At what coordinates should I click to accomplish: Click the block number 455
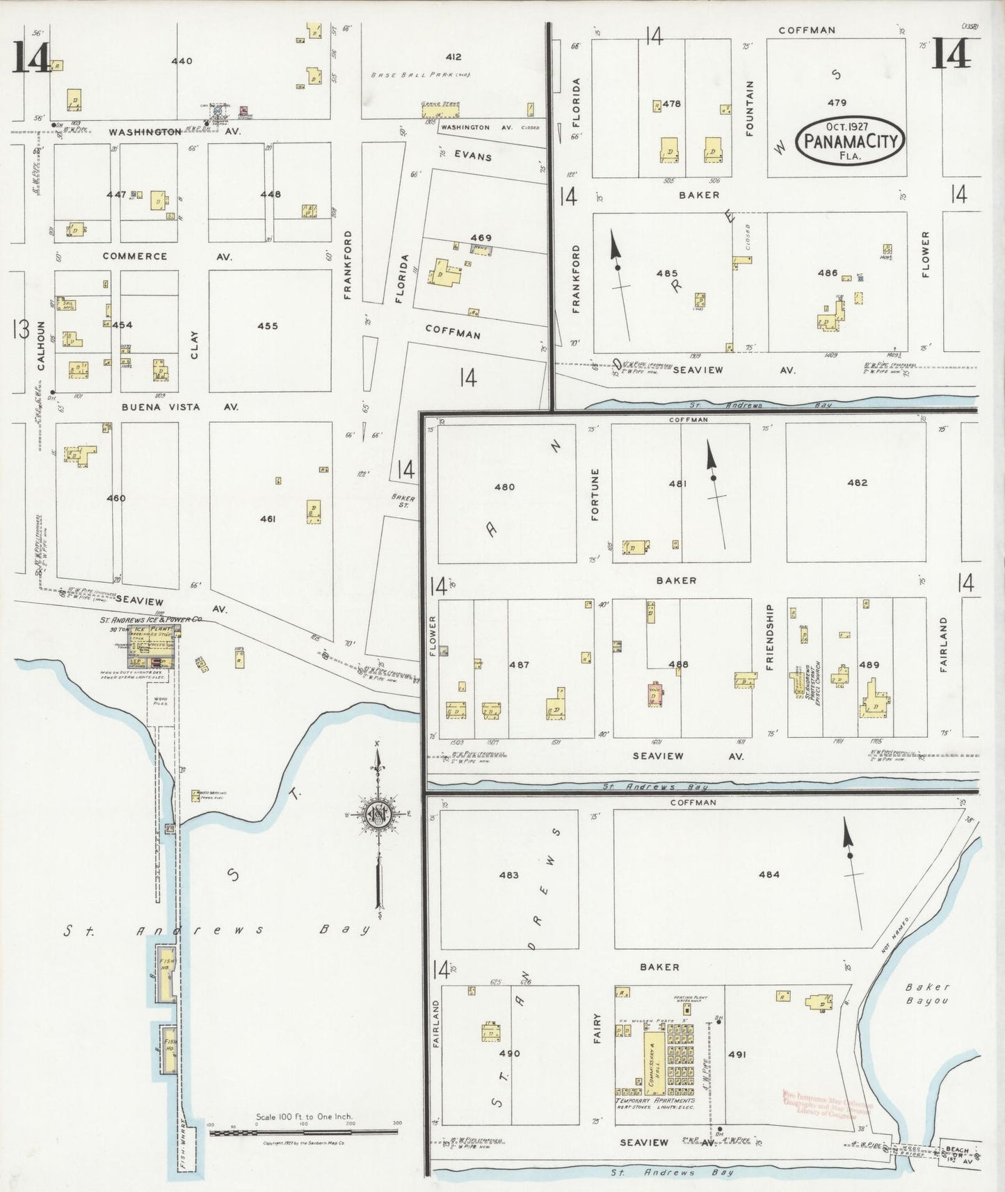click(x=267, y=325)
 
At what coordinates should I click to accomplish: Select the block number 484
click(x=769, y=875)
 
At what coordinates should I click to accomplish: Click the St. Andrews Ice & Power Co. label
click(x=151, y=619)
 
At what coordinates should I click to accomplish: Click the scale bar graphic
click(x=304, y=1133)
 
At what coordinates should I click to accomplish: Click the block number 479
click(x=837, y=102)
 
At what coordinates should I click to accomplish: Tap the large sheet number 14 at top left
click(x=29, y=58)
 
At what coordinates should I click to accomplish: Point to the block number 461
click(x=268, y=519)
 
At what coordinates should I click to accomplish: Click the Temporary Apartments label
click(x=654, y=1101)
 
